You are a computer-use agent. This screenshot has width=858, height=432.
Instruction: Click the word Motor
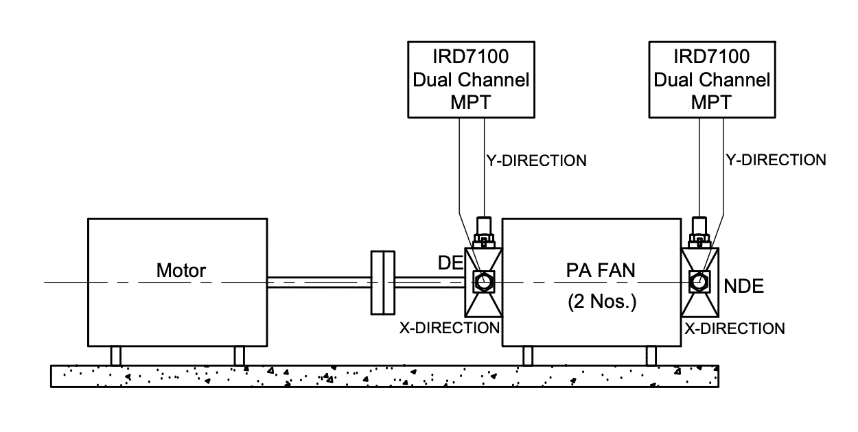pyautogui.click(x=181, y=271)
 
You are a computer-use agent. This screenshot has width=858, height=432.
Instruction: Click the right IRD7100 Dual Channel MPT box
pyautogui.click(x=711, y=80)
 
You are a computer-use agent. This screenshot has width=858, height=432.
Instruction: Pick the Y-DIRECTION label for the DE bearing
pyautogui.click(x=535, y=161)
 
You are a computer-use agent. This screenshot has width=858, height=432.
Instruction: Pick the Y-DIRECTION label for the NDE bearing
pyautogui.click(x=776, y=160)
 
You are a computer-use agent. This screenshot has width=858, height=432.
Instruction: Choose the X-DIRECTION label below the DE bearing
pyautogui.click(x=449, y=328)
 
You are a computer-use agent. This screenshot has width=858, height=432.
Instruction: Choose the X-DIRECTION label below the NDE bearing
pyautogui.click(x=734, y=329)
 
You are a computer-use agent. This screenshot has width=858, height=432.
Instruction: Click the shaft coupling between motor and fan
pyautogui.click(x=383, y=283)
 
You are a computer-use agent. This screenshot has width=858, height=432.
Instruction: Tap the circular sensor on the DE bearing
pyautogui.click(x=483, y=281)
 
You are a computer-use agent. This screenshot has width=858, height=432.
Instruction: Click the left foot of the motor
pyautogui.click(x=116, y=356)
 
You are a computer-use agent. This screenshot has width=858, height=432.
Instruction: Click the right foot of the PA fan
pyautogui.click(x=651, y=356)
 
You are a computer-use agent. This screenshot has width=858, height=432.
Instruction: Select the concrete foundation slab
pyautogui.click(x=385, y=376)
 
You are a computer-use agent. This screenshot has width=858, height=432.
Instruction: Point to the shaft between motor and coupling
pyautogui.click(x=318, y=283)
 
